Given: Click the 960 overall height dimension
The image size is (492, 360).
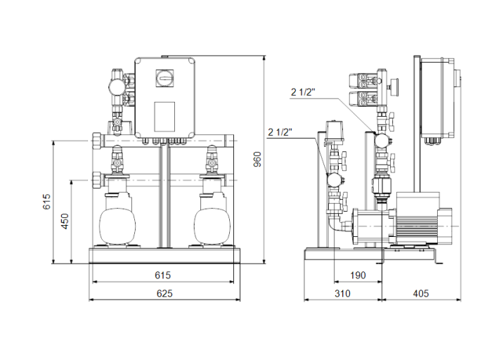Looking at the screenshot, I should click(x=258, y=160).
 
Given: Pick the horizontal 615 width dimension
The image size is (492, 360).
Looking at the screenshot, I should click(x=163, y=275).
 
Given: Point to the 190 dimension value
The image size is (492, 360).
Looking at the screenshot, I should click(x=358, y=275).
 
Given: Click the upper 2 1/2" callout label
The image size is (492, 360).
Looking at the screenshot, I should click(x=306, y=91).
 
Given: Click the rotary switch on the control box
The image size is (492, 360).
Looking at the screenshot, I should click(x=167, y=75).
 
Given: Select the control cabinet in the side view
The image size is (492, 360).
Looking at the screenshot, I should click(x=436, y=98).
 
